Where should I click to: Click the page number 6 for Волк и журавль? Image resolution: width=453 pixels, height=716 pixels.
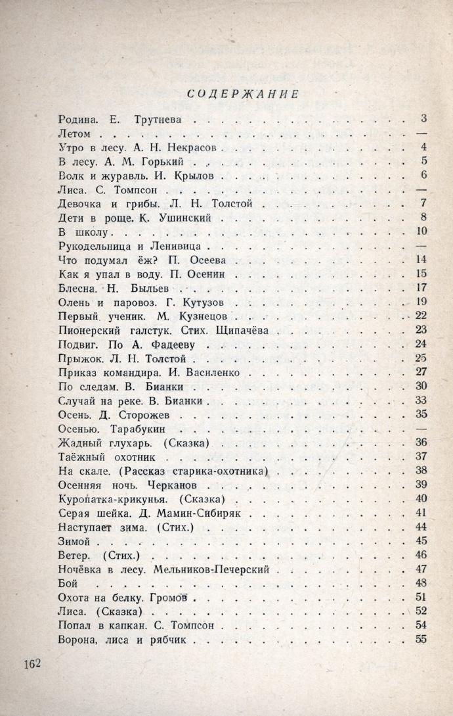click(x=424, y=175)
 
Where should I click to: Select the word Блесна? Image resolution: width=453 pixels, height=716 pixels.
click(x=78, y=289)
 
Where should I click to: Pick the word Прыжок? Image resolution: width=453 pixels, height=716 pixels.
click(x=80, y=359)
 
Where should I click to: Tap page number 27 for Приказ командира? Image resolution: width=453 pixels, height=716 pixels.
click(x=421, y=371)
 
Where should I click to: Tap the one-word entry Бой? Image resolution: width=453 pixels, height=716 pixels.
click(x=68, y=583)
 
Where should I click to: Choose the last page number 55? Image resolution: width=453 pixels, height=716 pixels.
click(x=421, y=639)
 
